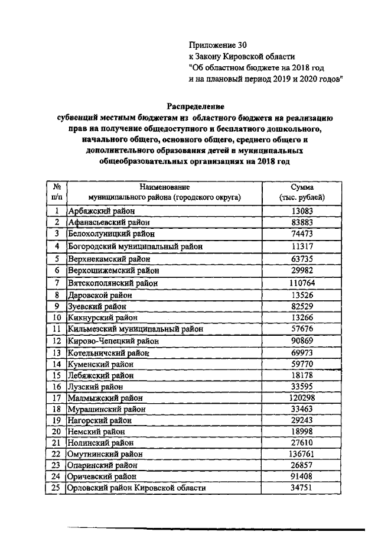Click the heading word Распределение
pos(195,106)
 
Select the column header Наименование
pos(165,186)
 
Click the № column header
pos(57,186)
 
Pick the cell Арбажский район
pos(102,211)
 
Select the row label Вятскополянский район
pos(113,283)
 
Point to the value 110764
pos(302,283)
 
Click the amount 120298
pos(302,398)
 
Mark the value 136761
pos(302,454)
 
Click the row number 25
pos(57,488)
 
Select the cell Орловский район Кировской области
pos(137,488)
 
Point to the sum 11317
pos(302,245)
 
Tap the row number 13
pos(57,352)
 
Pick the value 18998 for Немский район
pos(302,432)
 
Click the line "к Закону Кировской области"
pos(241,56)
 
